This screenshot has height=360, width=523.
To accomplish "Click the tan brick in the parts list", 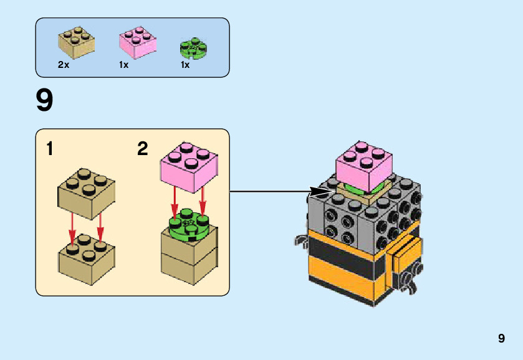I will click(x=77, y=41).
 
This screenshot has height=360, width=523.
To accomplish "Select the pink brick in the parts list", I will click(x=137, y=42).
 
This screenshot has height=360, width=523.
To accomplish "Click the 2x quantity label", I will click(x=63, y=65).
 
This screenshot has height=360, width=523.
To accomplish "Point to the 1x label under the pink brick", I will click(x=123, y=65).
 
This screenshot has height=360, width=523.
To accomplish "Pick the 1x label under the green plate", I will click(x=185, y=65).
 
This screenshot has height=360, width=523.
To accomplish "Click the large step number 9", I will click(x=45, y=101).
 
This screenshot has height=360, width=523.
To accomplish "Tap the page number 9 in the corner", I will click(x=501, y=339).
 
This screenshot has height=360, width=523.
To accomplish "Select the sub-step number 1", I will click(x=49, y=149).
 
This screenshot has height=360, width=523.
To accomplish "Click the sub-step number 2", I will click(x=143, y=149).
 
